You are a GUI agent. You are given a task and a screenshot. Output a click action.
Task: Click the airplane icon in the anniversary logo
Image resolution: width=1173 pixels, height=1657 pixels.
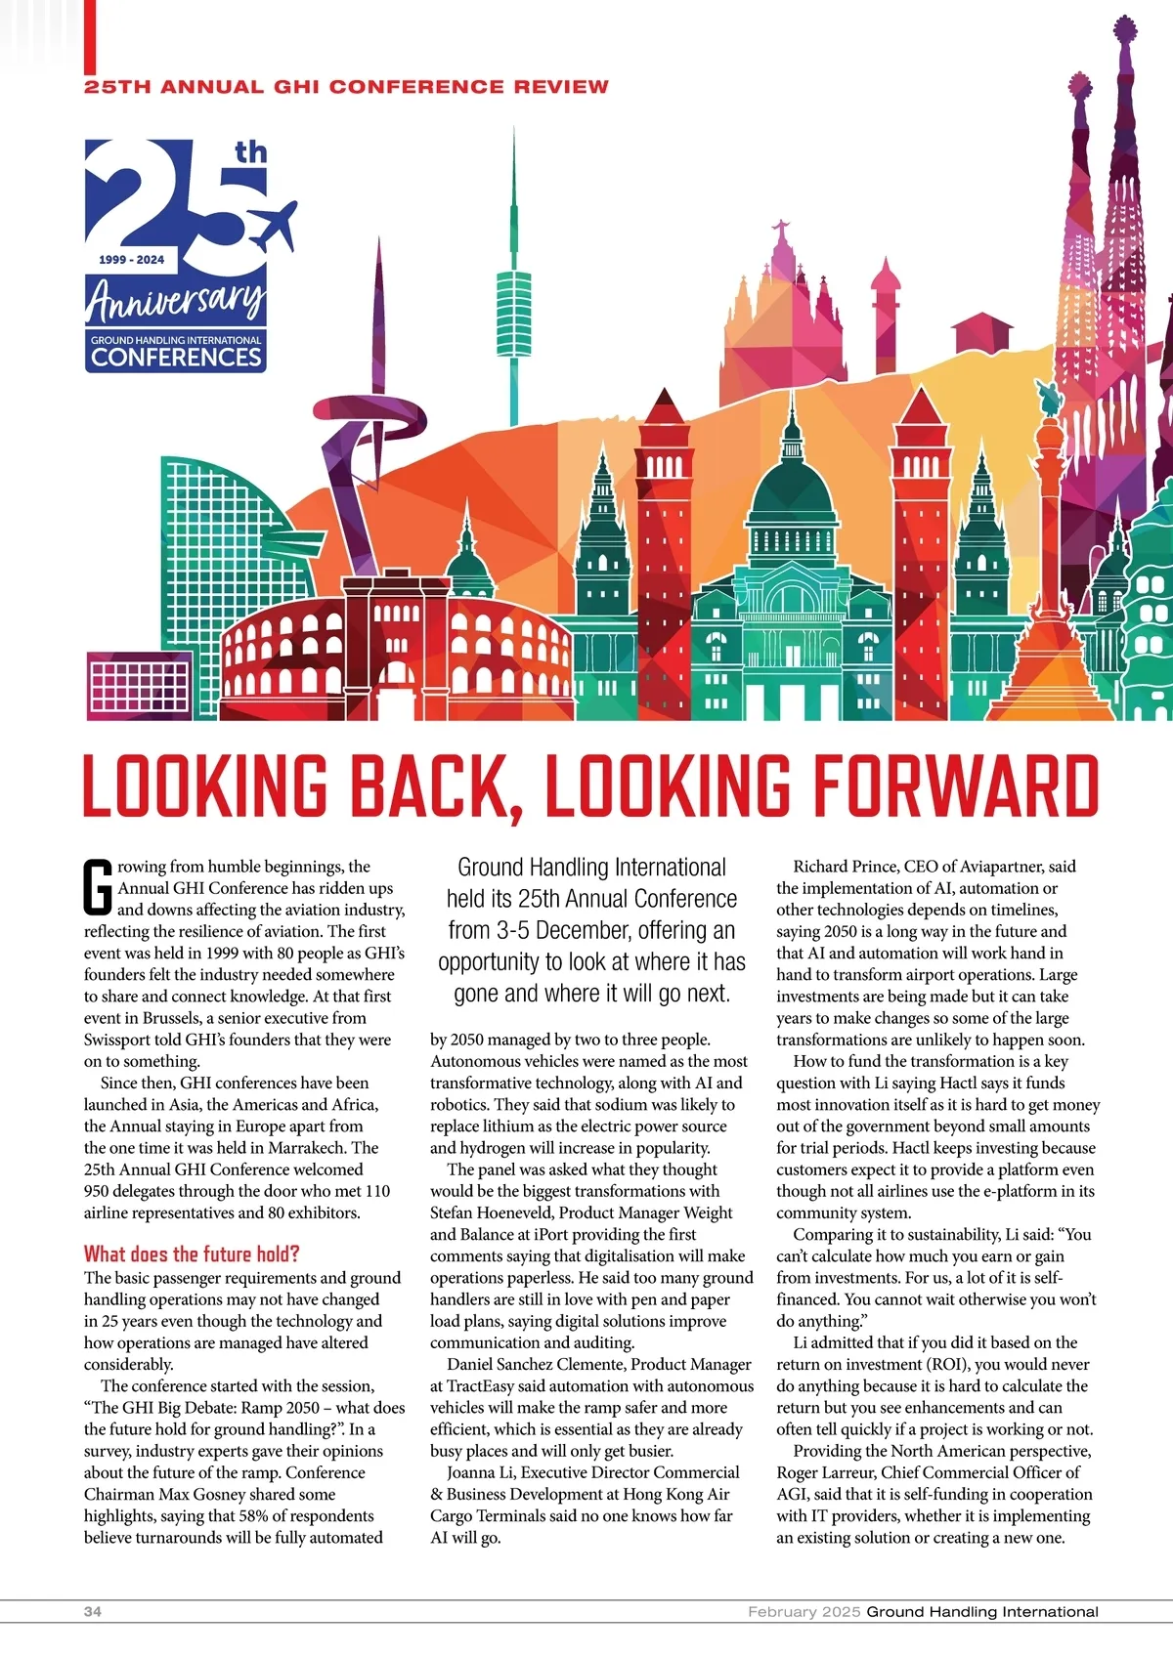coord(273,223)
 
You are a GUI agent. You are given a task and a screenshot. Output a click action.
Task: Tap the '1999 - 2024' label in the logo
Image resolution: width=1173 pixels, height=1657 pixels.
coord(132,260)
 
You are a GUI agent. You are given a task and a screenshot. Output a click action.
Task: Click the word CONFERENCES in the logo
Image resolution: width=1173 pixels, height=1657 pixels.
coord(176,357)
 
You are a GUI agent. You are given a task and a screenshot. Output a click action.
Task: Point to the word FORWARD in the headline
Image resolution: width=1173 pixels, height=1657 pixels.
coord(956,786)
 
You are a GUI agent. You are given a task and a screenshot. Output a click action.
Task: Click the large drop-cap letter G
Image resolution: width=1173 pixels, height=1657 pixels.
coord(98,887)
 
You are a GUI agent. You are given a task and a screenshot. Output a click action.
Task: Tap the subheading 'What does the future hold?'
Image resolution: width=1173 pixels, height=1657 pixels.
coord(192,1253)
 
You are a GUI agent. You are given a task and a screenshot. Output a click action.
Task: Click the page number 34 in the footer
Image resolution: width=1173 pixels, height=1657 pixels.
coord(93,1611)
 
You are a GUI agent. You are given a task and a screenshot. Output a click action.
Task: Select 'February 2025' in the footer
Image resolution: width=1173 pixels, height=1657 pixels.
coord(804,1611)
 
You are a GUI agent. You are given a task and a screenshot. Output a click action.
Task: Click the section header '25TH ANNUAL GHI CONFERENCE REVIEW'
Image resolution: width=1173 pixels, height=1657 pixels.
coord(346,87)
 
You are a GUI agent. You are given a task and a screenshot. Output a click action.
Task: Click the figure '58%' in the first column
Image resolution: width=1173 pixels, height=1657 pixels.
coord(253,1515)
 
